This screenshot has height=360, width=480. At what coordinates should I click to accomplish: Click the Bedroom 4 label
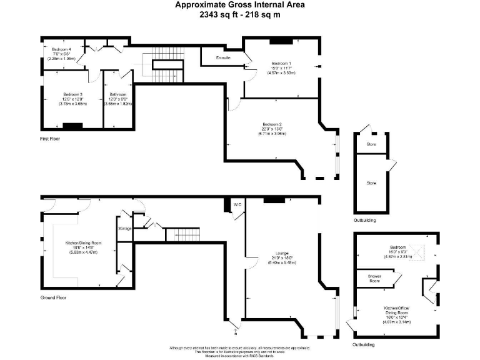[61, 49]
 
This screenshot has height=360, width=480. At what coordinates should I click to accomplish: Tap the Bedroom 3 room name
[72, 95]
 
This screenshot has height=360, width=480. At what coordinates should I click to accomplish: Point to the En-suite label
[224, 58]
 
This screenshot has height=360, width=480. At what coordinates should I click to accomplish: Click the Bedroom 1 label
[281, 64]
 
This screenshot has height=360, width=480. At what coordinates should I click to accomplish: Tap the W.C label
[237, 205]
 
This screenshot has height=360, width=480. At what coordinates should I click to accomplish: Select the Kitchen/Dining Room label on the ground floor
[83, 242]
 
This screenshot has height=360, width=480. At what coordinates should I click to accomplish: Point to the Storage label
[124, 229]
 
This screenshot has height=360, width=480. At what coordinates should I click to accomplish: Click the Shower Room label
[374, 279]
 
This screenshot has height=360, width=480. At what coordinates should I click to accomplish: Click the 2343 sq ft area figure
[216, 14]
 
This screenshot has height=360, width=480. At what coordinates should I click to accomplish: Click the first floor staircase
[164, 64]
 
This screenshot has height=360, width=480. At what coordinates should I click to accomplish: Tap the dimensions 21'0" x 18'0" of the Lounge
[279, 258]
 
